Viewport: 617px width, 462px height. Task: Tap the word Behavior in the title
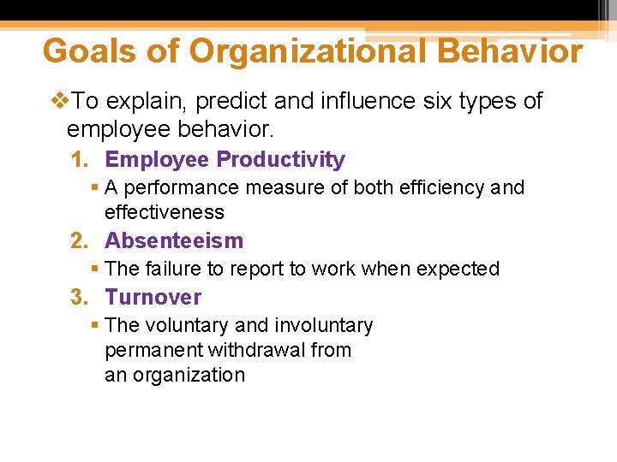509,51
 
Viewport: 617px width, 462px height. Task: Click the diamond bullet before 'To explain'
59,102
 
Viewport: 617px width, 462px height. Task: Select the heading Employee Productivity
225,160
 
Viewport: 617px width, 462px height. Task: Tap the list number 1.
78,160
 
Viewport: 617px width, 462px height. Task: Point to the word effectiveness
164,212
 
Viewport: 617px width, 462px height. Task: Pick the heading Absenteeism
174,240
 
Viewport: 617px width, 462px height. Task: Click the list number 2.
78,241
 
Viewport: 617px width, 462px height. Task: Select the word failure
177,269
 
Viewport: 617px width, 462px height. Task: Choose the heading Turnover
153,298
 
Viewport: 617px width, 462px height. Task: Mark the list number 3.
78,298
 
